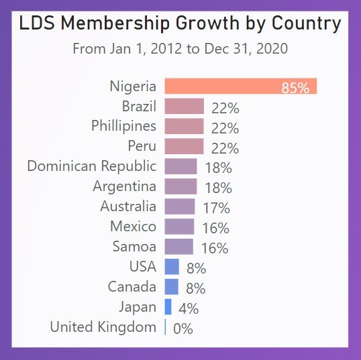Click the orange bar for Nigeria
[240, 86]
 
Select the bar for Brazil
[184, 107]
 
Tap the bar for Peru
[184, 147]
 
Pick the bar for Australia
[179, 206]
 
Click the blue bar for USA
[172, 267]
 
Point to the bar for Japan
[168, 307]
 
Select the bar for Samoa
[178, 247]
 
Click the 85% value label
[295, 88]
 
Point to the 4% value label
[189, 308]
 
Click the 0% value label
[183, 328]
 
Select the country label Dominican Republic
[91, 166]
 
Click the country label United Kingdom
[103, 327]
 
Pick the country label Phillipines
[123, 126]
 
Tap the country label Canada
[132, 287]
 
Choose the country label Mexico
[133, 227]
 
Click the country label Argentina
[125, 186]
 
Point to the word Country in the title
[305, 23]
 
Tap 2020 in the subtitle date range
[271, 49]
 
